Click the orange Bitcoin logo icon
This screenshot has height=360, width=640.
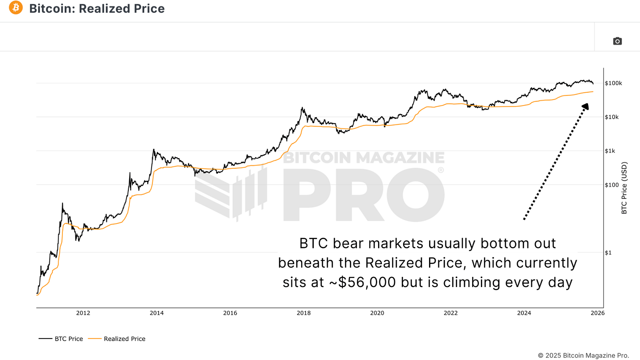(x=15, y=7)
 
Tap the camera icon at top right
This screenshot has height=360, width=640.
(x=617, y=41)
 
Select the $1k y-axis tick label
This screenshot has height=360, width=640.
(x=610, y=151)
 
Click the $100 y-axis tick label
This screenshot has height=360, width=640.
(x=611, y=185)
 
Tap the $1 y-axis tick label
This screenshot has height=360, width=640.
(x=608, y=253)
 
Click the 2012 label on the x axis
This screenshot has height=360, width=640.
(x=83, y=313)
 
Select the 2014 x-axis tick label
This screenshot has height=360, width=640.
(x=156, y=313)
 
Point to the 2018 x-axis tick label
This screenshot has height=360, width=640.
(x=304, y=313)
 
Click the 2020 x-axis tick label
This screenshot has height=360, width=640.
(x=377, y=313)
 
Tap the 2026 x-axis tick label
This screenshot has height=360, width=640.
(x=597, y=313)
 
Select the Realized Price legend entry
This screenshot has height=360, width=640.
(x=117, y=339)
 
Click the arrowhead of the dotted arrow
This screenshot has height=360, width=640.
(x=585, y=107)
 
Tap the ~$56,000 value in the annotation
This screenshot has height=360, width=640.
(x=364, y=283)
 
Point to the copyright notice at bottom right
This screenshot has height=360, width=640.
(x=583, y=355)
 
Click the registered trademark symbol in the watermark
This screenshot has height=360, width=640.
(x=440, y=170)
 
